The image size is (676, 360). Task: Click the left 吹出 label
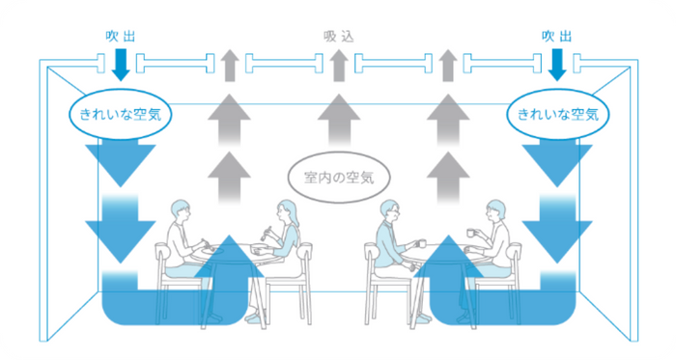(120, 36)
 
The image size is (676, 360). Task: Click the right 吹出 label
(555, 36)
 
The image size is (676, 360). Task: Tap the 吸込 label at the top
(336, 36)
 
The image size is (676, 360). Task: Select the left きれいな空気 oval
(120, 114)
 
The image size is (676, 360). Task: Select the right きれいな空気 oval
(558, 114)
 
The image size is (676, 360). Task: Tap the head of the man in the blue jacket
(389, 212)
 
